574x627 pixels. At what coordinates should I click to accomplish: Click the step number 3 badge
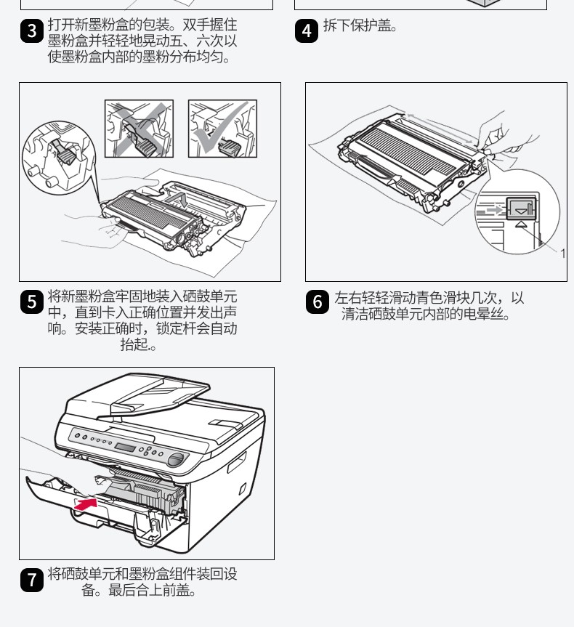31,31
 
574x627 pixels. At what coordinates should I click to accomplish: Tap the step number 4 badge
307,31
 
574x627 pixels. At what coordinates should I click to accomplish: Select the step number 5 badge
31,302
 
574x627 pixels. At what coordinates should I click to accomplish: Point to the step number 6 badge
318,302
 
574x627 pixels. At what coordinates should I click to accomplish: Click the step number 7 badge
31,580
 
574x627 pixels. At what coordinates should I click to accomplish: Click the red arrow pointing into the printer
86,503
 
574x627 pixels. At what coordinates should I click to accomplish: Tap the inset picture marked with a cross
139,129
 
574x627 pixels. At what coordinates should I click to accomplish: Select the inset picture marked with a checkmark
222,129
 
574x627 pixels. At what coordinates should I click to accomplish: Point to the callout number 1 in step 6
563,254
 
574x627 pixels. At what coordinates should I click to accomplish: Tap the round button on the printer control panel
176,459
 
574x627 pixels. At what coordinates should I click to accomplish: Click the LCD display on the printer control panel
125,447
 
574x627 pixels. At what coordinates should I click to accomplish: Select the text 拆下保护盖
357,25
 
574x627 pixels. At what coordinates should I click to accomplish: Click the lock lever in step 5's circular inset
64,153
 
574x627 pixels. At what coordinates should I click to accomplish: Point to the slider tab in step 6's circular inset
521,208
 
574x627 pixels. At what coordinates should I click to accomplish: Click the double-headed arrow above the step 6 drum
441,129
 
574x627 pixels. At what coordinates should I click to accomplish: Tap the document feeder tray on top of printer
159,392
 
